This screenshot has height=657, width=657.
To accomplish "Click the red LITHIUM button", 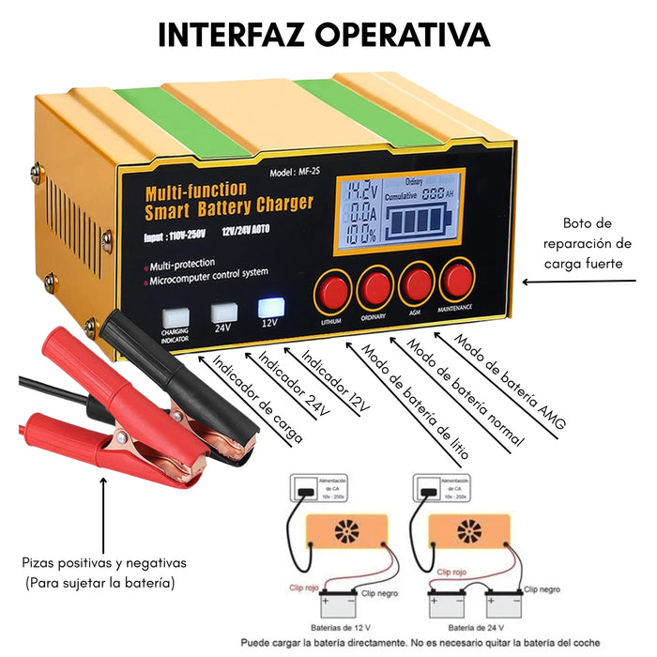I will click(331, 289).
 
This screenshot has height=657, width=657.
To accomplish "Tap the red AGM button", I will click(414, 282).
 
